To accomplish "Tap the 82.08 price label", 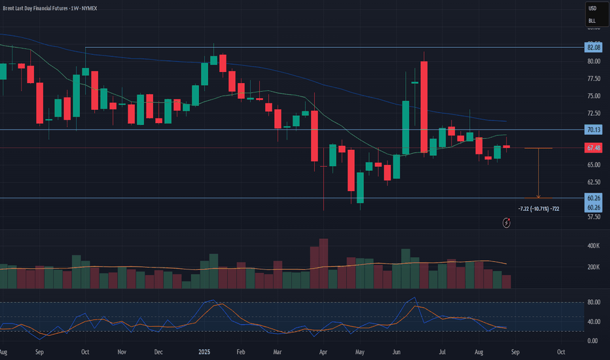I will click(x=594, y=48).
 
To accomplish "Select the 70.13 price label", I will click(x=594, y=130).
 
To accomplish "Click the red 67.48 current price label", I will click(x=594, y=148).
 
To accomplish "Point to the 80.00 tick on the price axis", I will click(x=594, y=61).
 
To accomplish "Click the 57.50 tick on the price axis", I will click(x=594, y=217).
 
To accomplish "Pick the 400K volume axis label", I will click(x=594, y=246).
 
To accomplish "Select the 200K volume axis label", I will click(x=594, y=267).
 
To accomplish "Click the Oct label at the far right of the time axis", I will click(x=561, y=351).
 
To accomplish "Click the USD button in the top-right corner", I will click(x=592, y=9).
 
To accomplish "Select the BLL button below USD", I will click(x=592, y=21).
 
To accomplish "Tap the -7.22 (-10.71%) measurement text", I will click(x=538, y=208).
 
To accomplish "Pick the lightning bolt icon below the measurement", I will click(x=507, y=223).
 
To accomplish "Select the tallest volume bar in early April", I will click(x=323, y=264).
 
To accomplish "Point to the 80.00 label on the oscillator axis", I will click(x=594, y=302).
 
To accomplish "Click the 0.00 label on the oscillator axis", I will click(x=594, y=341).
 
